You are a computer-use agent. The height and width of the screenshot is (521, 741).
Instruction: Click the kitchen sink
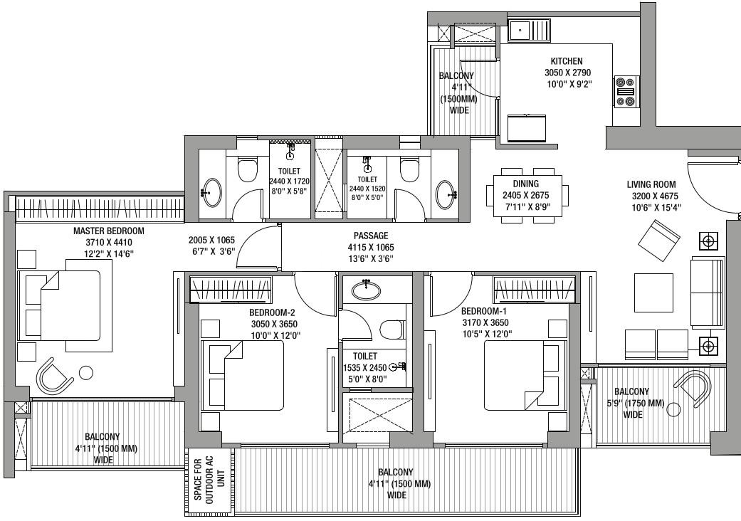click(x=529, y=31)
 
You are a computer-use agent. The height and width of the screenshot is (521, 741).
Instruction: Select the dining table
click(x=527, y=196)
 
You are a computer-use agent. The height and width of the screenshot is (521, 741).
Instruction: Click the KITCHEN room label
click(x=567, y=61)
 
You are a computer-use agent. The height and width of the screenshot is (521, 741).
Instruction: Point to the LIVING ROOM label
click(x=651, y=184)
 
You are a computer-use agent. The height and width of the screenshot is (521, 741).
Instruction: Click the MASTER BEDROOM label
click(x=109, y=231)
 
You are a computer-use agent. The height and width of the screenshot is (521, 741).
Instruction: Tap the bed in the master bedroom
click(x=59, y=305)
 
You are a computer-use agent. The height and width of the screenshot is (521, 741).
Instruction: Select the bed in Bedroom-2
click(x=243, y=375)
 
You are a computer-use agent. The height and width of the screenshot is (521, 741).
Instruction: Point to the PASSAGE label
click(x=371, y=236)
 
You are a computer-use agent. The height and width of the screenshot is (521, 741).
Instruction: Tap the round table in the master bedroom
click(x=86, y=373)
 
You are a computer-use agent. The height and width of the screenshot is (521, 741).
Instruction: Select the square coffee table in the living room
click(x=653, y=293)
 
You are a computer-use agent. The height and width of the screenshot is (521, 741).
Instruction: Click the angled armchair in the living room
click(x=658, y=240)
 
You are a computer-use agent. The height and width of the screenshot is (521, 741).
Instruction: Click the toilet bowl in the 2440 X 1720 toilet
click(x=248, y=169)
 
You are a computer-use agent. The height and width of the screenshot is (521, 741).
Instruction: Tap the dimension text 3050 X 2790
click(x=567, y=73)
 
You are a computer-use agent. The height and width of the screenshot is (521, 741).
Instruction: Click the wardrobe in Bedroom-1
click(x=535, y=289)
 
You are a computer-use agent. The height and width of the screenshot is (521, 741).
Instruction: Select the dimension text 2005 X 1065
click(x=211, y=240)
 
